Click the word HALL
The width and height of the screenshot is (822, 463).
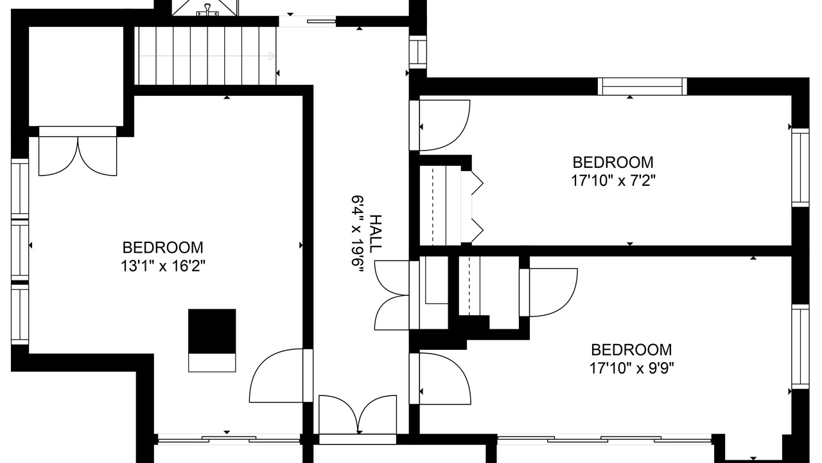(375, 234)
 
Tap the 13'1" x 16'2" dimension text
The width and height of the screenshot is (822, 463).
(163, 266)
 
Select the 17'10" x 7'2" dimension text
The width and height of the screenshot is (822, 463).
(613, 181)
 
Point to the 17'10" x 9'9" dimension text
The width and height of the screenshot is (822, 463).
(631, 367)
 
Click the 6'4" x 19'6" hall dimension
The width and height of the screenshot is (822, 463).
(358, 233)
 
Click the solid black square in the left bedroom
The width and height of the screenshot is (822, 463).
(212, 331)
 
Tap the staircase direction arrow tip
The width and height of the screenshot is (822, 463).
(274, 56)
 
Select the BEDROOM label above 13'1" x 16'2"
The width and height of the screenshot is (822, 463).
(162, 248)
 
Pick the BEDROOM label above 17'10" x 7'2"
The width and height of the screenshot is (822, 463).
(613, 163)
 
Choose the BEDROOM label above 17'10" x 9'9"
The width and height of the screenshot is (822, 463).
(631, 349)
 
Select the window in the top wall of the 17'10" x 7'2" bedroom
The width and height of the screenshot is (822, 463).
(642, 87)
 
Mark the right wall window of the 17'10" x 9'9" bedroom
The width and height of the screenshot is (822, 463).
(800, 346)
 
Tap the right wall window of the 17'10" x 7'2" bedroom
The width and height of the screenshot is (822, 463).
(800, 168)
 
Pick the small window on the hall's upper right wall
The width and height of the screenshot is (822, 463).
(418, 52)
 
